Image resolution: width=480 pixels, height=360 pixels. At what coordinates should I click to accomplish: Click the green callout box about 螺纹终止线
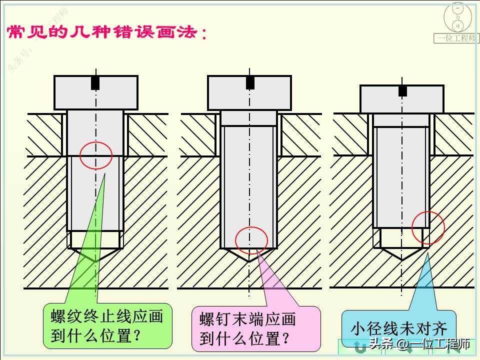[107, 325]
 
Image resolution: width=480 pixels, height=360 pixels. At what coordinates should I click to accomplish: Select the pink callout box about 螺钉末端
[255, 328]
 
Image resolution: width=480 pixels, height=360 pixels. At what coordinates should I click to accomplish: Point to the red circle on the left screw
[96, 155]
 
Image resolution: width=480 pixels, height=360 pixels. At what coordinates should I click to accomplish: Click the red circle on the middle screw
[251, 240]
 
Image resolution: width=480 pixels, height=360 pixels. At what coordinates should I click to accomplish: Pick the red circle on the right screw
[428, 227]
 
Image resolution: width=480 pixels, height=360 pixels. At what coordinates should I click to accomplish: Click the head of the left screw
[95, 92]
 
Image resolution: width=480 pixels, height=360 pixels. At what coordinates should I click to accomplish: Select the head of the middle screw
[249, 92]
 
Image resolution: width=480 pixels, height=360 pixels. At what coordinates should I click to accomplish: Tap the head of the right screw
[401, 99]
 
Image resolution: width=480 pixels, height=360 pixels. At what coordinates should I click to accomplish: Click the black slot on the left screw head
[95, 82]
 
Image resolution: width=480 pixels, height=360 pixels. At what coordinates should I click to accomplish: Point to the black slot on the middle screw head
[250, 82]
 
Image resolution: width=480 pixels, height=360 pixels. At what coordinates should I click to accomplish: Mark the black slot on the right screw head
[402, 90]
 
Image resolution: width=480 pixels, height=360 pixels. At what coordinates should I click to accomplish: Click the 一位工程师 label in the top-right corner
[456, 38]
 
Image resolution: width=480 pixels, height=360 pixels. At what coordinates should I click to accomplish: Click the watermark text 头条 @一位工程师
[419, 344]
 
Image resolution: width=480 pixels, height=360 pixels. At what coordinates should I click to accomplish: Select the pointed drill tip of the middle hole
[249, 260]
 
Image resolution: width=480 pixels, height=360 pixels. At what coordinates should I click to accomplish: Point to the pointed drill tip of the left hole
[95, 261]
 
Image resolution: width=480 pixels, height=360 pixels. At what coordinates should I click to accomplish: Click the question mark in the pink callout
[285, 338]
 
